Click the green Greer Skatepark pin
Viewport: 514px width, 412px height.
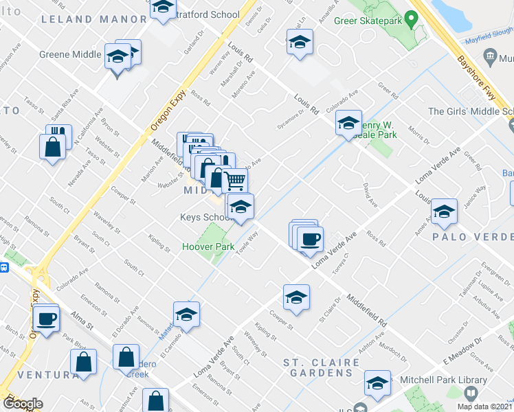tap(412, 19)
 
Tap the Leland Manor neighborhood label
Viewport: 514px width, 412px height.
tap(94, 19)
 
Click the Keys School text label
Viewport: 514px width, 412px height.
tap(204, 218)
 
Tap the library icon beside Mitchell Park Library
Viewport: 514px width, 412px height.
tap(471, 393)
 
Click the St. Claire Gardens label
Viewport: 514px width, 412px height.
tap(322, 367)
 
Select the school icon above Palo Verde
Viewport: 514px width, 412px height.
tap(444, 212)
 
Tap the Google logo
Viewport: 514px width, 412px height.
tap(23, 404)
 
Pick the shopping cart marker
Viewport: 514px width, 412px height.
tap(236, 181)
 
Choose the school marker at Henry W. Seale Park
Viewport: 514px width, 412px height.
tap(348, 124)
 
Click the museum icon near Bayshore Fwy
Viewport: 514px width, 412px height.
tap(491, 56)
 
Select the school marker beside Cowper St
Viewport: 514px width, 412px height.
tap(296, 297)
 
